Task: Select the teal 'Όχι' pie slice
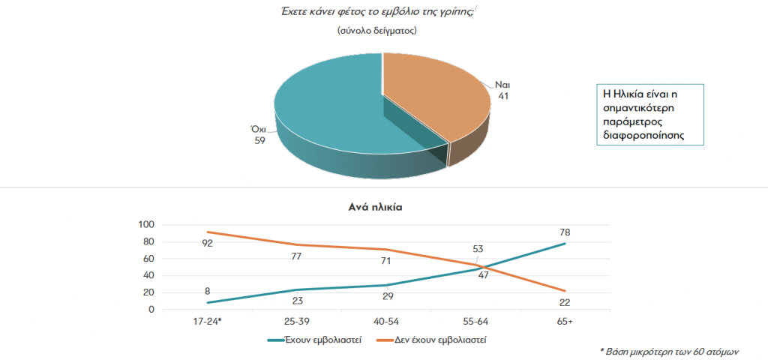pyautogui.click(x=330, y=105)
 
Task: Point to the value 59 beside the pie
pyautogui.click(x=259, y=140)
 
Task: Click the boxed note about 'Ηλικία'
pyautogui.click(x=648, y=114)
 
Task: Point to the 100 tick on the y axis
pyautogui.click(x=147, y=225)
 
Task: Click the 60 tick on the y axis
pyautogui.click(x=149, y=259)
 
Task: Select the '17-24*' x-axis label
pyautogui.click(x=208, y=321)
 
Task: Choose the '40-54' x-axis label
pyautogui.click(x=385, y=321)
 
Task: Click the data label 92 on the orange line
pyautogui.click(x=208, y=243)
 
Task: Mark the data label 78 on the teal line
pyautogui.click(x=564, y=232)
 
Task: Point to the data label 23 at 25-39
pyautogui.click(x=298, y=301)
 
